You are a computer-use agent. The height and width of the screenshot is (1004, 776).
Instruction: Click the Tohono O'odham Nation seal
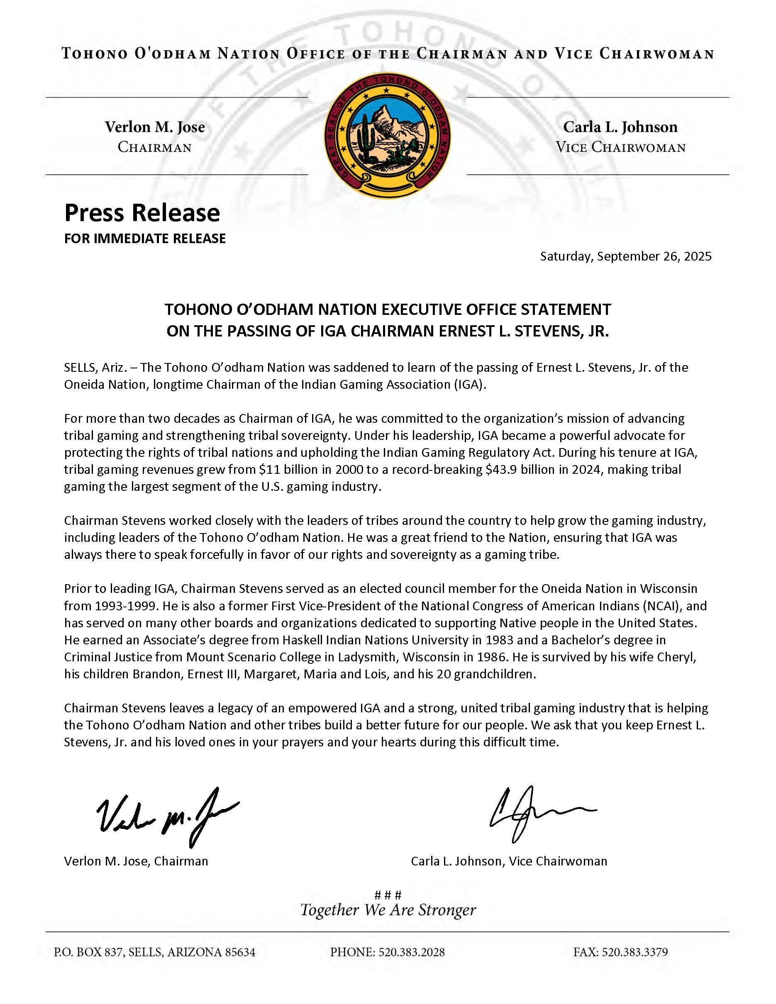(x=388, y=136)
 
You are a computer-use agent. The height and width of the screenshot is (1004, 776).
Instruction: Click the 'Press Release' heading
(x=142, y=213)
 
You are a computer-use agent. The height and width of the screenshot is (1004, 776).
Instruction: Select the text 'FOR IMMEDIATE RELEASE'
(x=145, y=238)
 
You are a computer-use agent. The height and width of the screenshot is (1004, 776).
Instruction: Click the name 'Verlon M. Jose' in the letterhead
(x=154, y=127)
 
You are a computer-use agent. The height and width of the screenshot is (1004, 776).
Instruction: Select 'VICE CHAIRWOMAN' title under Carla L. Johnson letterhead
(x=621, y=148)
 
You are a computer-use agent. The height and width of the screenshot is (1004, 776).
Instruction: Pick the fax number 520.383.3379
(x=634, y=952)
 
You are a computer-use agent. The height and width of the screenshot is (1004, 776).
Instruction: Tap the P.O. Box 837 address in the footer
(x=154, y=952)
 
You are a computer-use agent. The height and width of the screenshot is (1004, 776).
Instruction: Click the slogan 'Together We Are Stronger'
(x=388, y=910)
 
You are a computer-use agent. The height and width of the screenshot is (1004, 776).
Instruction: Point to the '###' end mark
(x=388, y=894)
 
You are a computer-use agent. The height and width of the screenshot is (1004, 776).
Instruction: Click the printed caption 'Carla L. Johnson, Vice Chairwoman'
(x=509, y=861)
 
